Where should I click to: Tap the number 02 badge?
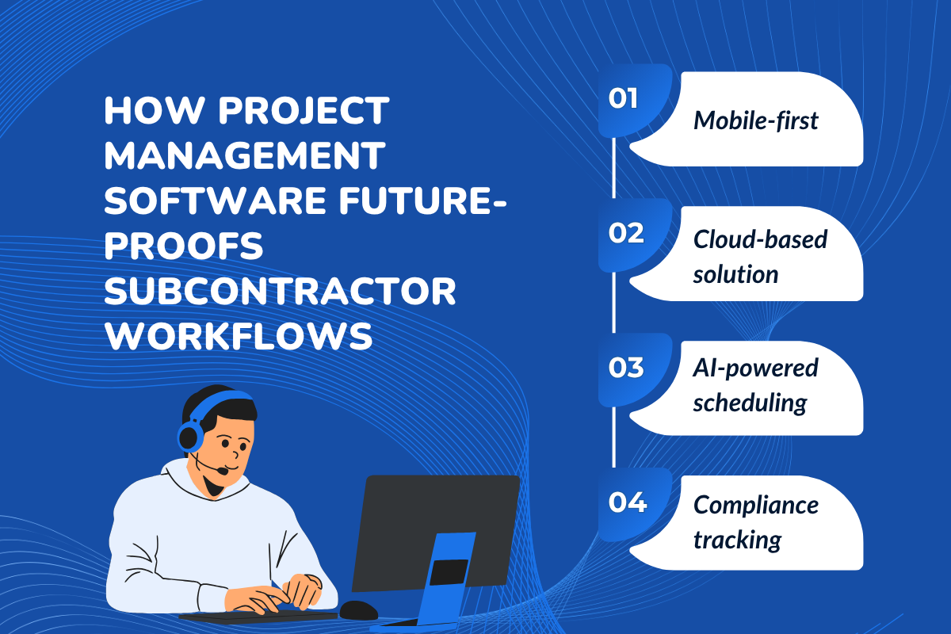point(625,234)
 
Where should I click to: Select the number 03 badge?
point(625,369)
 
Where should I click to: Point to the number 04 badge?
point(625,503)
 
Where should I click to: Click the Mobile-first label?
point(755,120)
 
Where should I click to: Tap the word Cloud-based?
point(760,239)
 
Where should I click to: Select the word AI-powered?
point(755,367)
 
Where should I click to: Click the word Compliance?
point(755,504)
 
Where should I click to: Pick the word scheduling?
point(749,403)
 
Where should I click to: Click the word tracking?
point(737,540)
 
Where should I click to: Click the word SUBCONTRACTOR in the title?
point(281,294)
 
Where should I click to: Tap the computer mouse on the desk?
point(359,609)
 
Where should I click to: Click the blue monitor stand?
point(448,579)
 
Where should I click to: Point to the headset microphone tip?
point(224,472)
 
